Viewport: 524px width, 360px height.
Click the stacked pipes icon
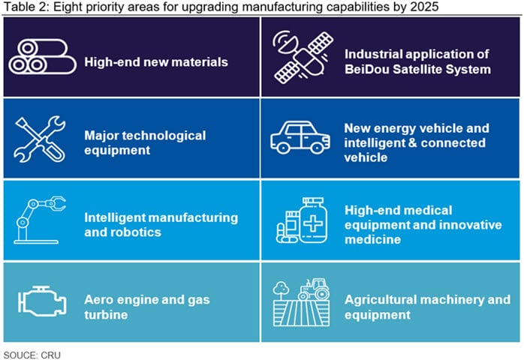43,57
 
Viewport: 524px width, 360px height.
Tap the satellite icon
303,58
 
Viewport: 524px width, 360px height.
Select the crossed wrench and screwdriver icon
40,139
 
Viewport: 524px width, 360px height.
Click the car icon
300,137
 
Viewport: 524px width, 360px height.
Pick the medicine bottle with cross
313,220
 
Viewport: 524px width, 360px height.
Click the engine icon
42,301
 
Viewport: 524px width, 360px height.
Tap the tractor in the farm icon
313,289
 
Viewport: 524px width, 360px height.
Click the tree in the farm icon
281,290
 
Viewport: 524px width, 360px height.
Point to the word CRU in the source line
51,355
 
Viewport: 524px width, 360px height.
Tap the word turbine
106,314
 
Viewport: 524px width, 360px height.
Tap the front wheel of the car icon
316,147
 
